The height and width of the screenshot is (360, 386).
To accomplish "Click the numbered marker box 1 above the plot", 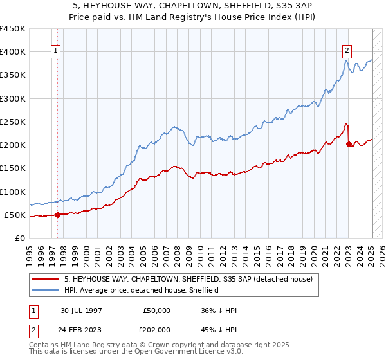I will point(57,52).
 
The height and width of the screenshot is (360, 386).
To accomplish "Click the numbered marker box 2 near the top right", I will point(347,52).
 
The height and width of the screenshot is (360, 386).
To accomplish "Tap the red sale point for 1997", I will point(57,215).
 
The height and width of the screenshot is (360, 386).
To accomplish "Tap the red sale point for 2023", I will point(349,144).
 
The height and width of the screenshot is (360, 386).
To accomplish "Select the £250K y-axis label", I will point(14,122).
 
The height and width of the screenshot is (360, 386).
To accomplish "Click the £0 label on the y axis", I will point(19,238).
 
